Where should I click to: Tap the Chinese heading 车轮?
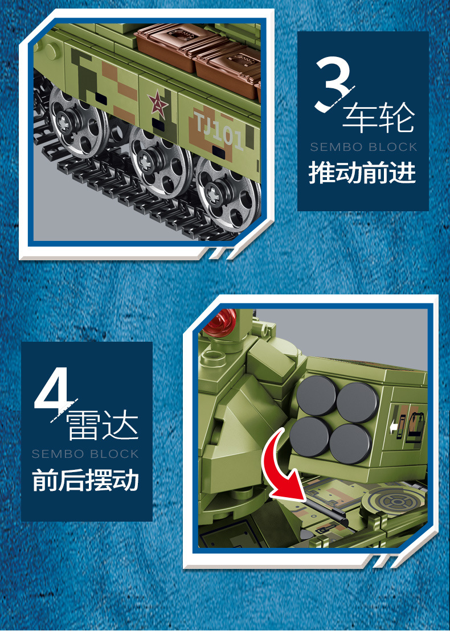[378, 118]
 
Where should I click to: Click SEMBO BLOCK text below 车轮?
[363, 147]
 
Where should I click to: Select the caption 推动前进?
[362, 173]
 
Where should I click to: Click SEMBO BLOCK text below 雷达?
[85, 454]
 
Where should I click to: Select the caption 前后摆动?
[85, 480]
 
